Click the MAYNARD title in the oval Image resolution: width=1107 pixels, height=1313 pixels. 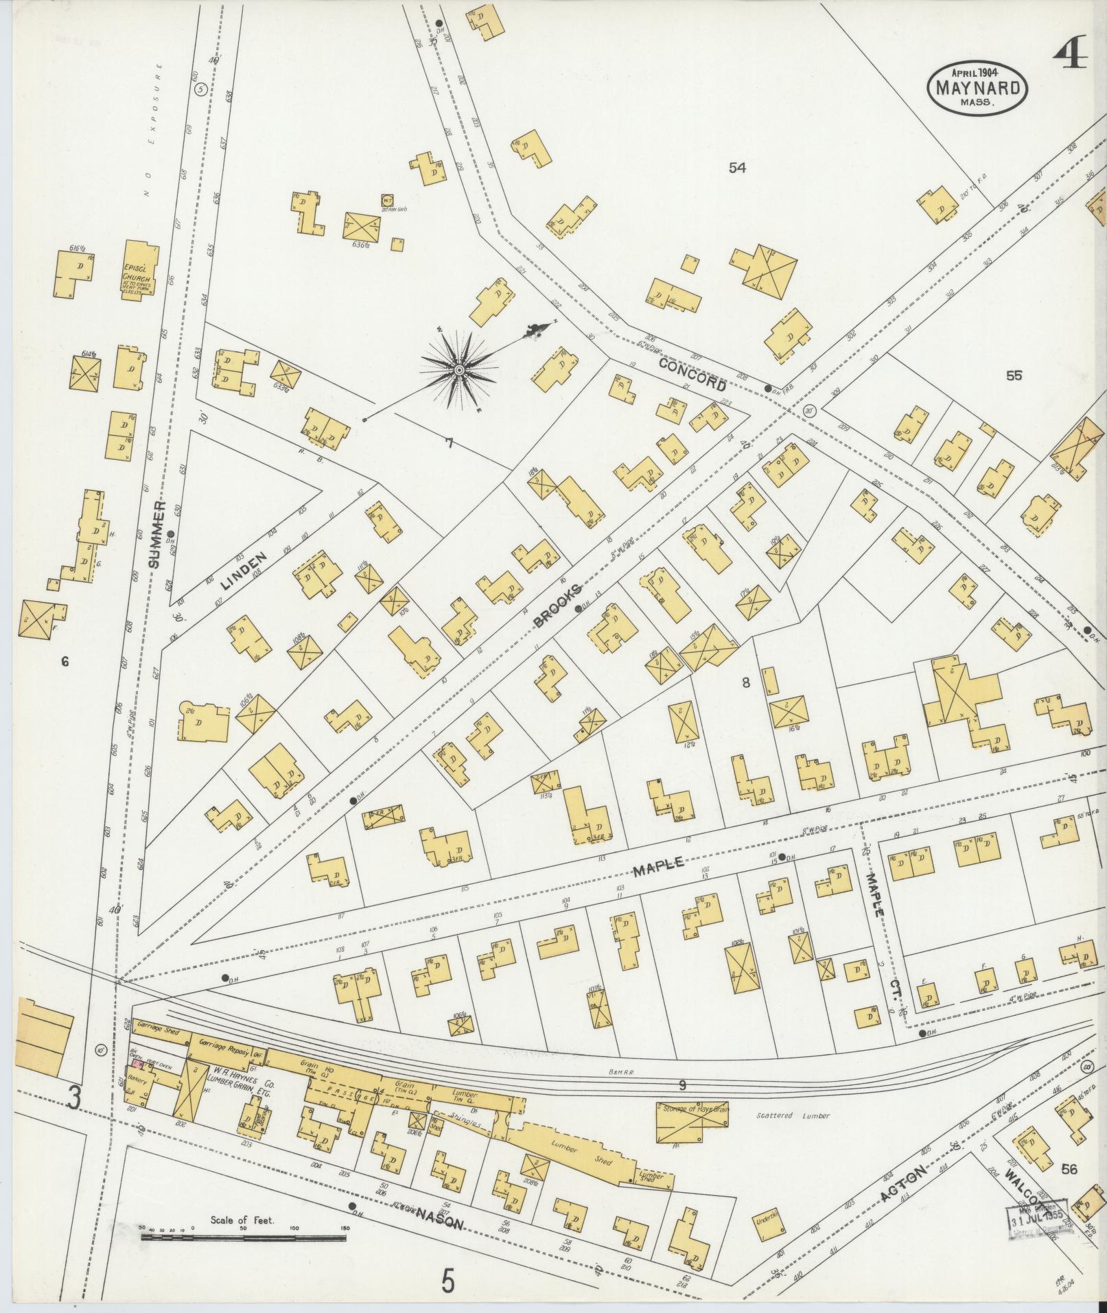pyautogui.click(x=977, y=87)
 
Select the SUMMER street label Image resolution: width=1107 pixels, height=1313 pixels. pyautogui.click(x=159, y=533)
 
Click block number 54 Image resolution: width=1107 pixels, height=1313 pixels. pyautogui.click(x=737, y=167)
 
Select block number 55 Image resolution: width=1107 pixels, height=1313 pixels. pyautogui.click(x=1014, y=375)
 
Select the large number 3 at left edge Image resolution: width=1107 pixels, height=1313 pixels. pyautogui.click(x=73, y=1100)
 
